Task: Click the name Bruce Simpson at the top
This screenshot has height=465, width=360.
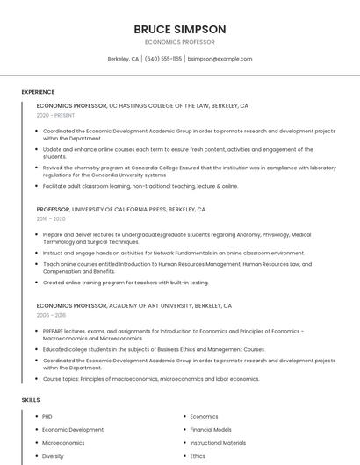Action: (180, 29)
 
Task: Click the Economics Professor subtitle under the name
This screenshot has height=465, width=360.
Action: (180, 42)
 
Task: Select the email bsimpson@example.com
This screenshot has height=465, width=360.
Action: (220, 59)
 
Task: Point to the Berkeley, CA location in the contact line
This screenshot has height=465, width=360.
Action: (123, 59)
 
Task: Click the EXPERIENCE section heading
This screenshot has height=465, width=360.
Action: (38, 92)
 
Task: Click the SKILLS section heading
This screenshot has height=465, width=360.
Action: (31, 400)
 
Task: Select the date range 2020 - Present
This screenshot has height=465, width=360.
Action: (55, 115)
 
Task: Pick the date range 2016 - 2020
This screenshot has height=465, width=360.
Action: (52, 219)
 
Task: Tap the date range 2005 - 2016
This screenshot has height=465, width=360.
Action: (51, 315)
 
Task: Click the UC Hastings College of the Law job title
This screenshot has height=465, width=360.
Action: (142, 105)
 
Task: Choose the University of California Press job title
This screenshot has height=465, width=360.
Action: (121, 210)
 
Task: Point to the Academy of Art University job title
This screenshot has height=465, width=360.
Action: (134, 305)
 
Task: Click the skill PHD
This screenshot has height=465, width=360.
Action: (47, 417)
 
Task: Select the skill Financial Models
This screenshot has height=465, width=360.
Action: (211, 430)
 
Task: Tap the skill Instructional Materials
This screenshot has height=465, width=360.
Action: (218, 443)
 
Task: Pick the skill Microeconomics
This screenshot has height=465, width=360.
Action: (63, 443)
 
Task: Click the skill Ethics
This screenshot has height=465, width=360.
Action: (198, 456)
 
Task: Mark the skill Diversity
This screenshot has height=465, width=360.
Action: (53, 456)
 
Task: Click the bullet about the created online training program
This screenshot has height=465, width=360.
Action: (126, 283)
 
